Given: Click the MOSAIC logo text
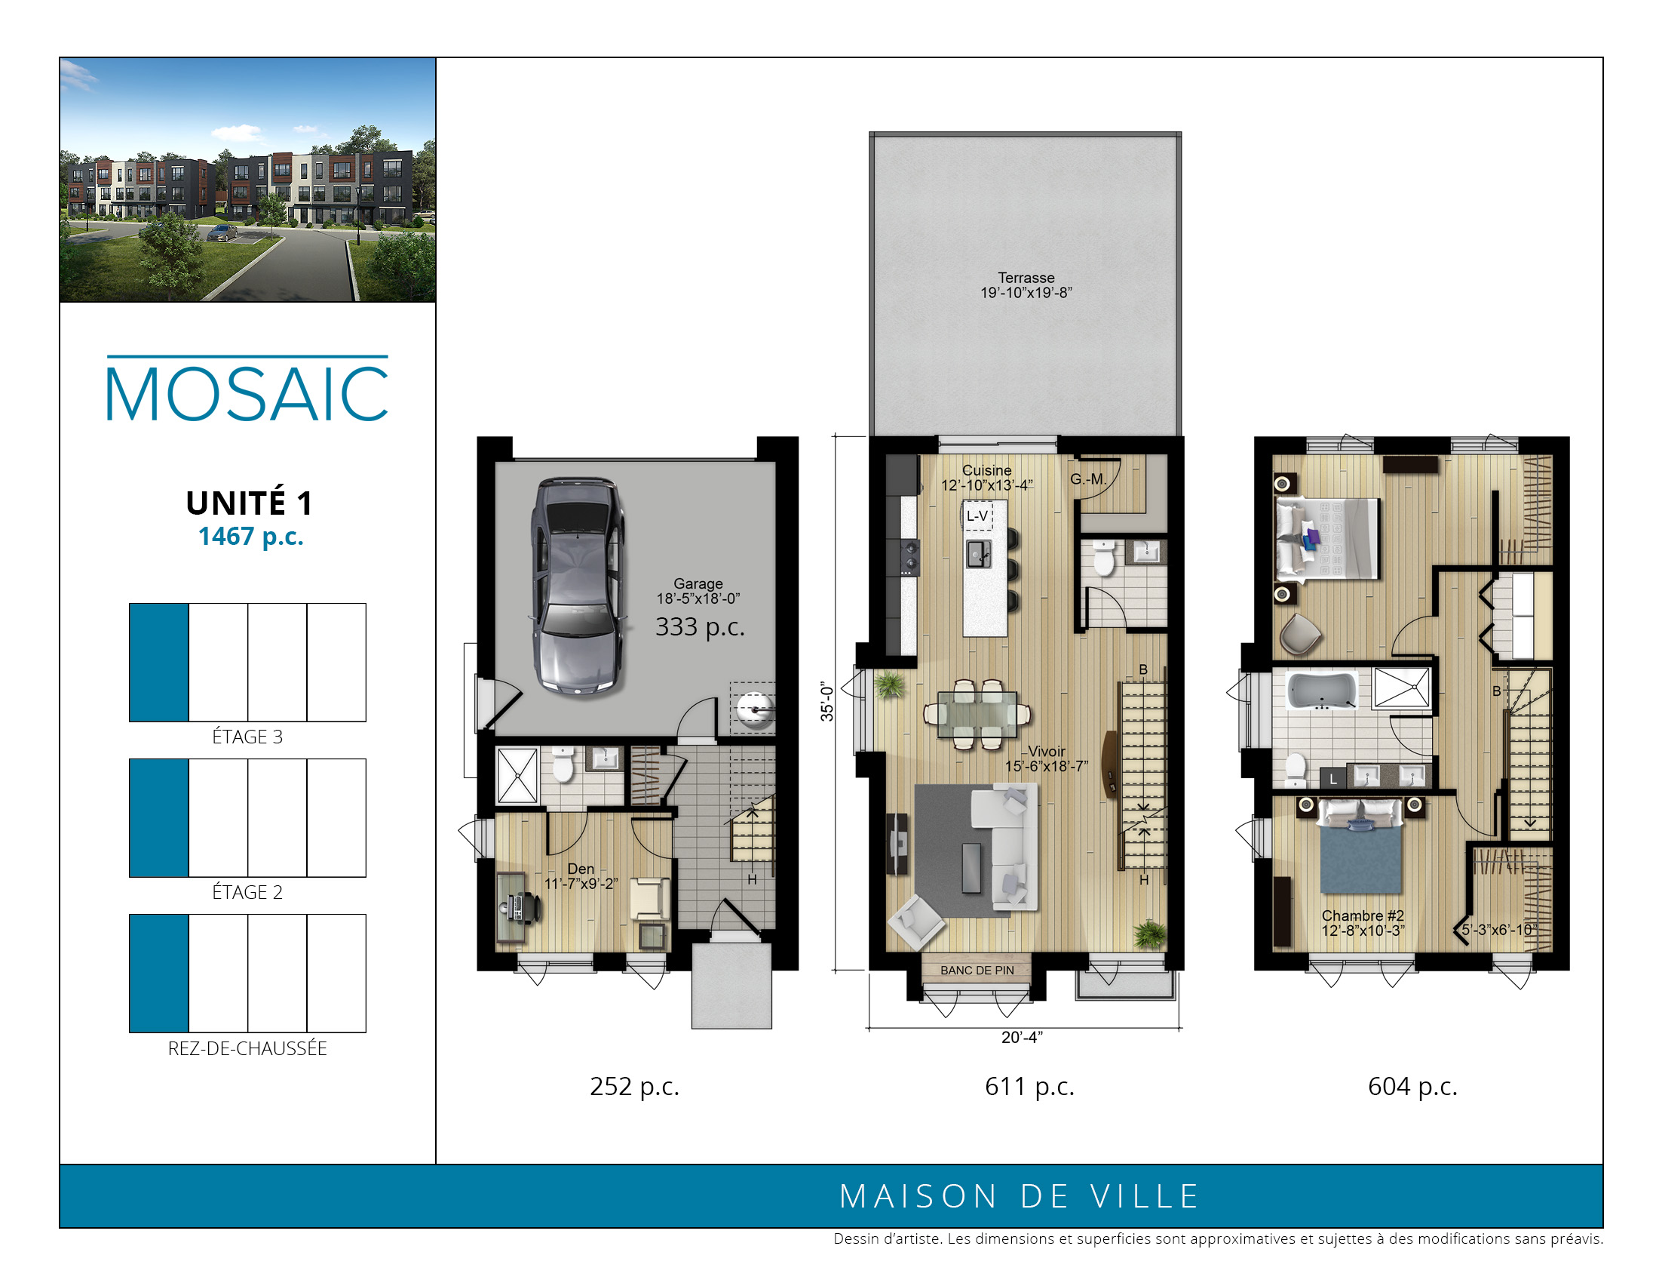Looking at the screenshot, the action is tap(247, 393).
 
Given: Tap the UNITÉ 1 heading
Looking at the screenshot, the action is tap(249, 503).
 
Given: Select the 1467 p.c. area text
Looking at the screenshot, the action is tap(250, 537).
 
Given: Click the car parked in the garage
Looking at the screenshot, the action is tap(578, 586).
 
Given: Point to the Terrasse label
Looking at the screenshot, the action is tap(1026, 278).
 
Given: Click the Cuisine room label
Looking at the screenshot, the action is tap(987, 470).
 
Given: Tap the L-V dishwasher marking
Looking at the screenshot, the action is tap(977, 516).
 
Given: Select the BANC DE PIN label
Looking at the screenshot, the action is tap(977, 971).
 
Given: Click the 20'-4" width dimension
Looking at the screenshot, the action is tap(1022, 1038).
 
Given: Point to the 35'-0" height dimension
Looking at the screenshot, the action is tap(827, 702).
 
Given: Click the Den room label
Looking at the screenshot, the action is tap(581, 869).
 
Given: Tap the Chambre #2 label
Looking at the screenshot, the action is tap(1363, 916).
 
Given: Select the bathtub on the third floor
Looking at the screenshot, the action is tap(1323, 691).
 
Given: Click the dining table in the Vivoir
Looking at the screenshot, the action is tap(977, 715).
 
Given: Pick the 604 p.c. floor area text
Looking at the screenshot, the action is tap(1413, 1087).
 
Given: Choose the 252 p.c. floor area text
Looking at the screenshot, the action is tap(634, 1087).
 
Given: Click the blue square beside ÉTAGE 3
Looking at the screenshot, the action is tap(159, 662).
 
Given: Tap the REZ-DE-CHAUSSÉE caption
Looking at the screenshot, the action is tap(247, 1048).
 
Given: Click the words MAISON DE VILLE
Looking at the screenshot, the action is tap(1019, 1196).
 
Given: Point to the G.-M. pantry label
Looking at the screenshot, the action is tap(1088, 478).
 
